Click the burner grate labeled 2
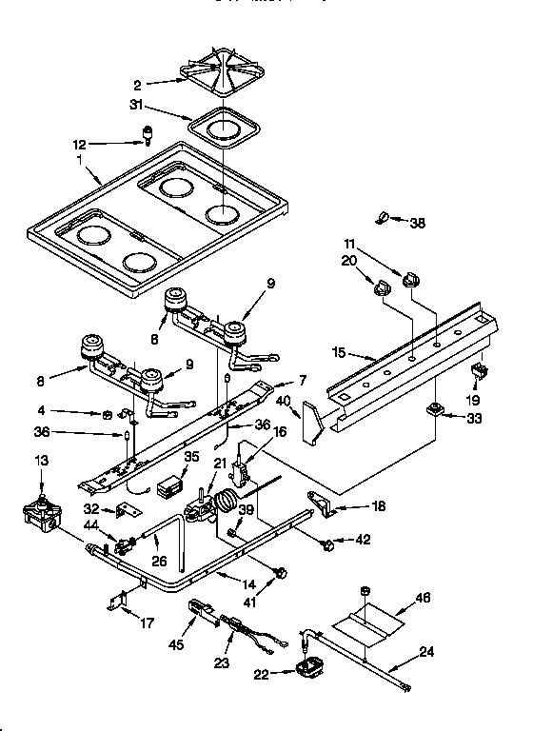tap(220, 78)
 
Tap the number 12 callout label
tap(80, 145)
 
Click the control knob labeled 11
tap(411, 278)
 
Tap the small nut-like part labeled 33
tap(434, 410)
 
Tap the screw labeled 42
tap(328, 544)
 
